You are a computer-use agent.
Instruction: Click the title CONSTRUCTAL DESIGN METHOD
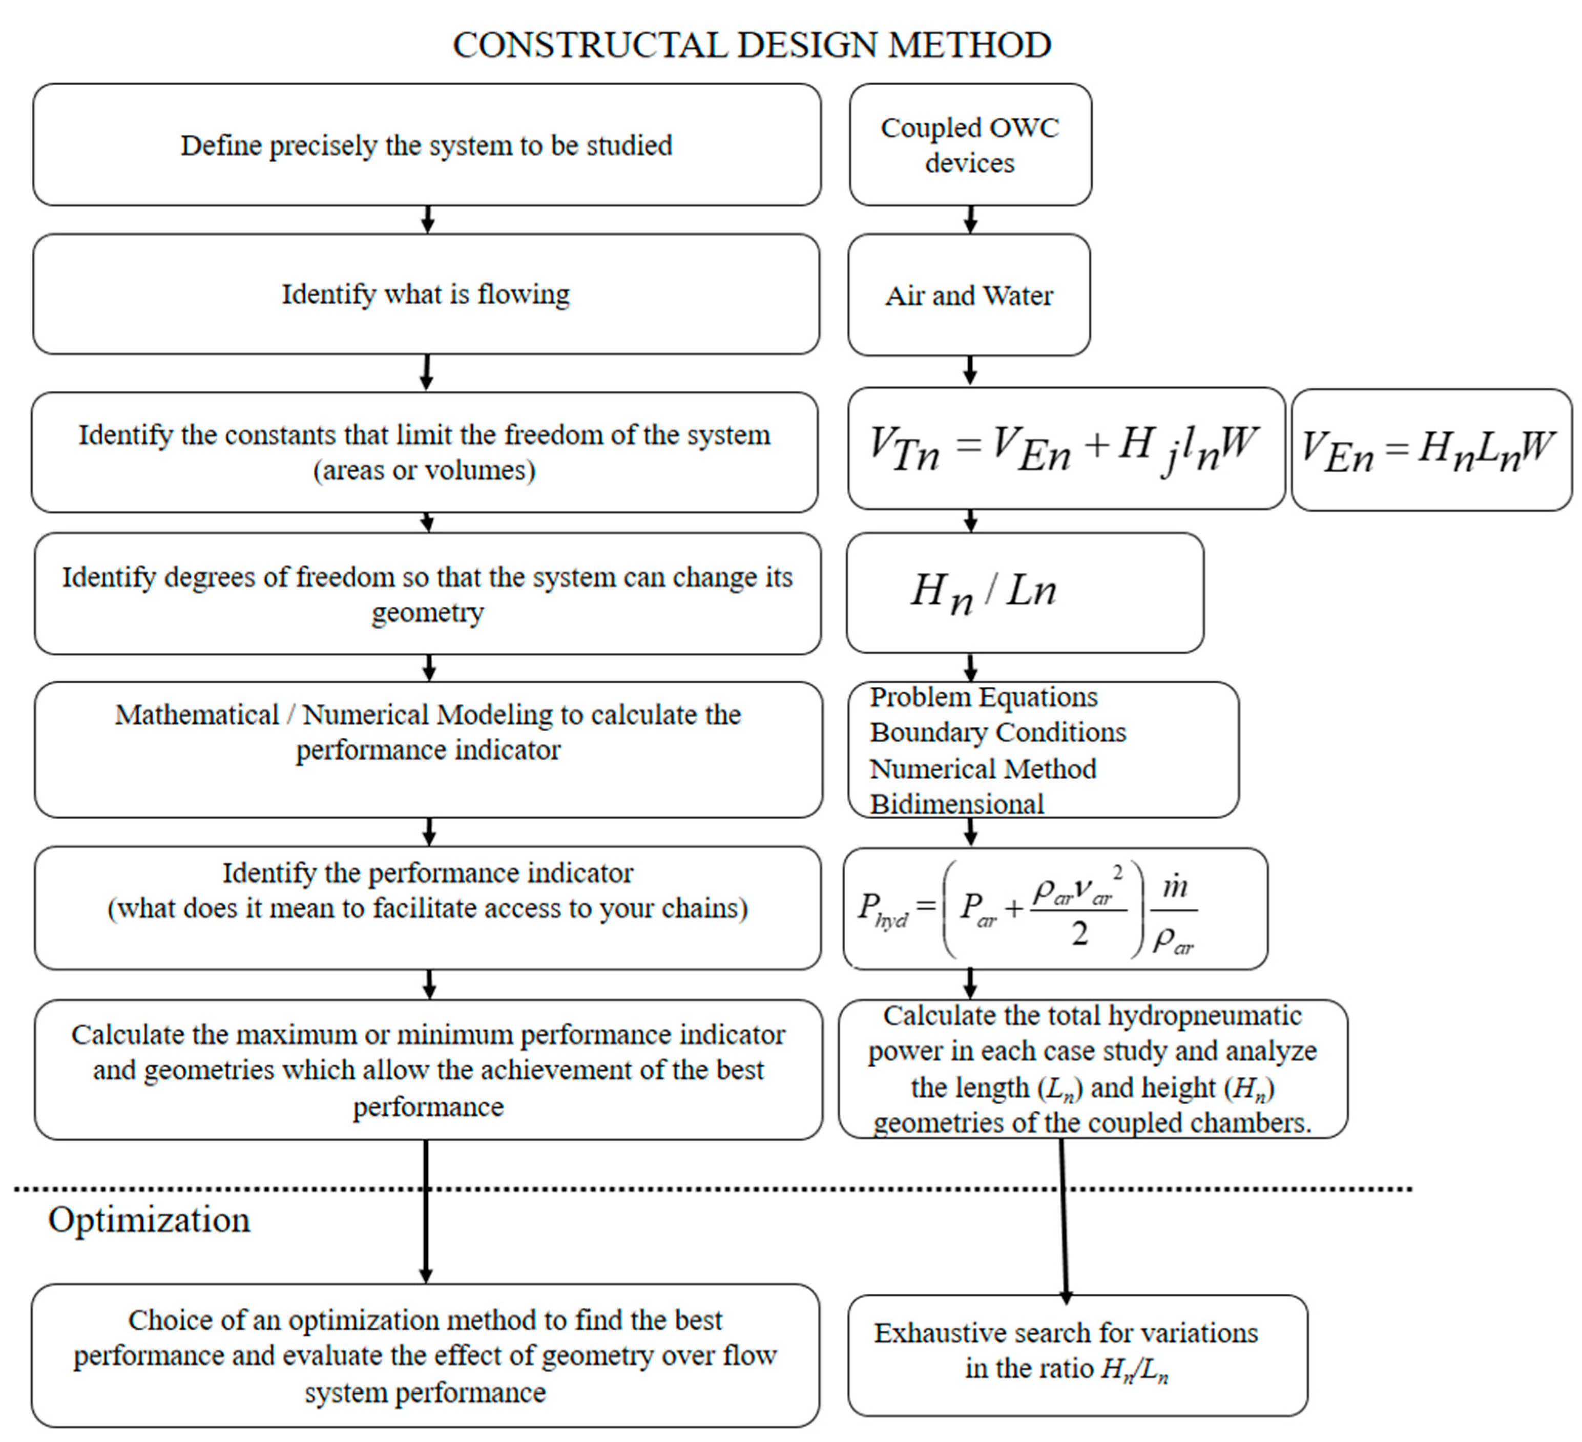752,45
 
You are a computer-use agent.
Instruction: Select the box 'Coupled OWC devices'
970,145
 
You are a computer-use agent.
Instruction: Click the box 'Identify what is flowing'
426,294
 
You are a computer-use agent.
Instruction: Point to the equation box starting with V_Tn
1065,449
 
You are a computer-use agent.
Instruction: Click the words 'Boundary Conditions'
997,733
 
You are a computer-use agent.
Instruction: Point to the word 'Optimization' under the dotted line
149,1221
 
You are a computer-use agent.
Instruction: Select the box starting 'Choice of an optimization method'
425,1356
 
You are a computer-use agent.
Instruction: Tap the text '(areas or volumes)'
425,471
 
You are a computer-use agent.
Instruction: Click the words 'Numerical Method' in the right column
983,769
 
